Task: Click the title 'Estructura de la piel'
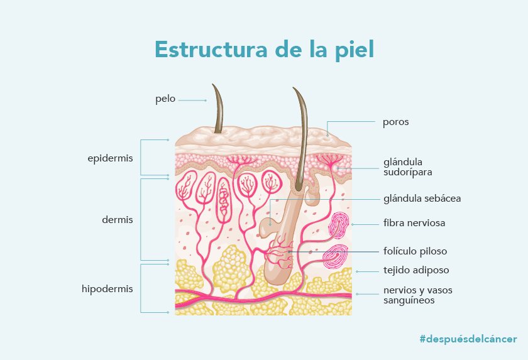coord(265,50)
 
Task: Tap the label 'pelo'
coord(165,99)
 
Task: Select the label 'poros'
coord(395,122)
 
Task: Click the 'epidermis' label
coord(110,158)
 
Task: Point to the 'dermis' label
coord(117,220)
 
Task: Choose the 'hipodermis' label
coord(107,289)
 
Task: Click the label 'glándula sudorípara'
coord(407,167)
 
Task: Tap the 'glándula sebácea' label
coord(422,199)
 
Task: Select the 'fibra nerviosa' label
coord(414,223)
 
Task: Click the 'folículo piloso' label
coord(415,251)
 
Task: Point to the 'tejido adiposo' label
coord(416,270)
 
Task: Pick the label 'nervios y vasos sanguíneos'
coord(417,295)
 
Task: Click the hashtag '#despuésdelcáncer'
coord(468,339)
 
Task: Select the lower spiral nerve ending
coord(336,256)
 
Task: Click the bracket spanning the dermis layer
coord(141,220)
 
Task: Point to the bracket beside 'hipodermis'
coord(141,288)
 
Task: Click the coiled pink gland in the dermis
coord(224,200)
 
